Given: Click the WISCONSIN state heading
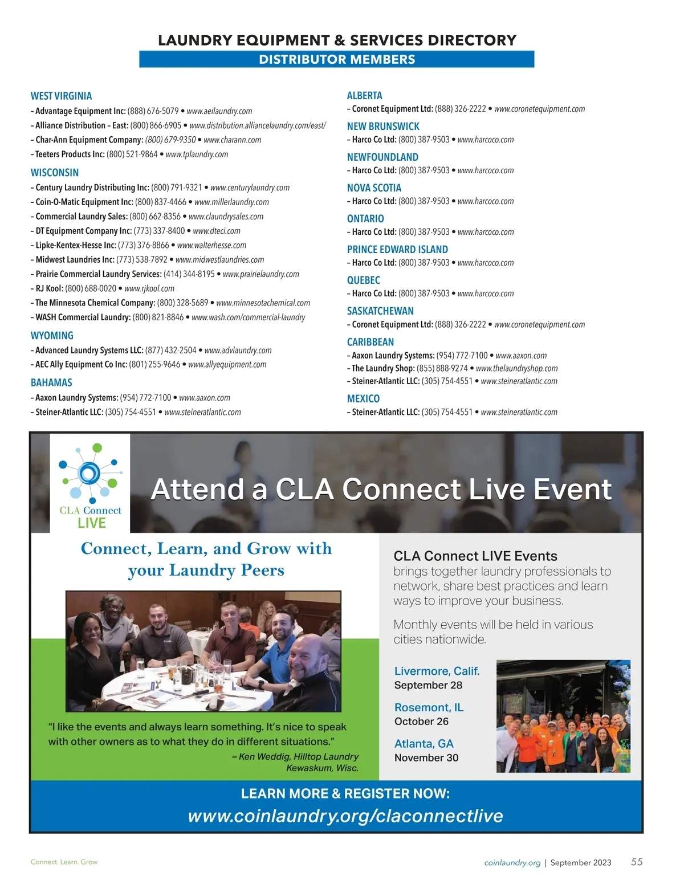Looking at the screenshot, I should click(55, 173).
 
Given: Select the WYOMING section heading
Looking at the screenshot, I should click(52, 336).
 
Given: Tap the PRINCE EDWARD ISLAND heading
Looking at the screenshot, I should click(397, 250).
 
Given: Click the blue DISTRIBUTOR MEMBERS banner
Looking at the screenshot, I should click(337, 59).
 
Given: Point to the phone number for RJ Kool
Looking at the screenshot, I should click(91, 289).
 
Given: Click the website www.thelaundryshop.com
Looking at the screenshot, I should click(516, 369).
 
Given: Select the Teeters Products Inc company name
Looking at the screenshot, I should click(70, 154).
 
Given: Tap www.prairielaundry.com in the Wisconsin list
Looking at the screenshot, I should click(260, 274).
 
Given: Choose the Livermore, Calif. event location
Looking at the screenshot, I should click(437, 671).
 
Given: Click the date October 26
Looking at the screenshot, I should click(421, 722).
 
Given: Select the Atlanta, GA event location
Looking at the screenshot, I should click(424, 744).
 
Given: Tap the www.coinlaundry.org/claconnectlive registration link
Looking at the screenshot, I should click(345, 816).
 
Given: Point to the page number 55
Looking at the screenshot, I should click(637, 862).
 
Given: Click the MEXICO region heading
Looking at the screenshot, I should click(363, 399).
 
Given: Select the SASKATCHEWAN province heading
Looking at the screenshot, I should click(380, 311).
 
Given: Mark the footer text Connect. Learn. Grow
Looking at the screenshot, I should click(64, 862).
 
